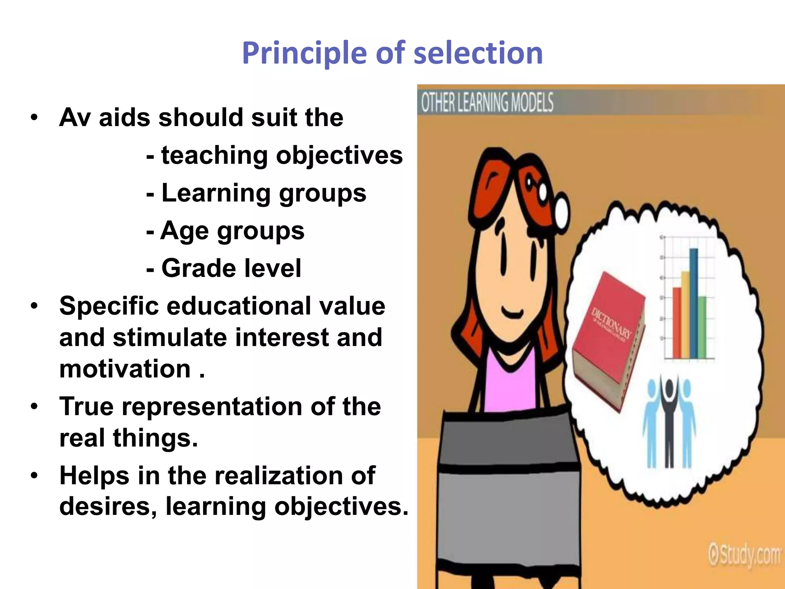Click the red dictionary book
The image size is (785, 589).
point(608,341)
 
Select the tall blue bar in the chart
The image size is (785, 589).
point(694,303)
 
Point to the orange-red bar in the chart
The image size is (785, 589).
point(677,322)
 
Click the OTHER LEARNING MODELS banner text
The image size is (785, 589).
point(487,102)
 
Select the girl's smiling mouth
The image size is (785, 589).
point(512,313)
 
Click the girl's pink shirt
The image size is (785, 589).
point(510,387)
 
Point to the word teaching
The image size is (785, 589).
point(214,155)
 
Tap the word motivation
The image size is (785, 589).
point(125,369)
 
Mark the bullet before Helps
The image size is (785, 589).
point(34,475)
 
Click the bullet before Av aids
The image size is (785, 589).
point(34,117)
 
